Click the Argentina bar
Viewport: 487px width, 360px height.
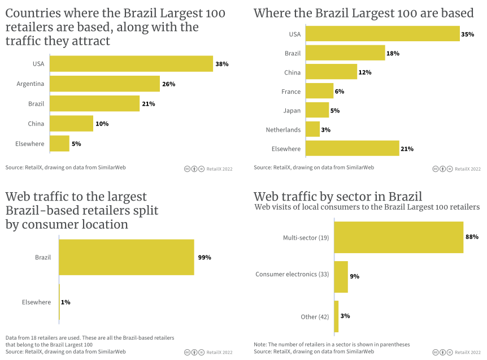[x=105, y=84]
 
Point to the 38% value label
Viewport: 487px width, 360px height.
[x=221, y=64]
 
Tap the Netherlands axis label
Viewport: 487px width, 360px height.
[x=283, y=130]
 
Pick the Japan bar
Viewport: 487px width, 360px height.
[x=318, y=110]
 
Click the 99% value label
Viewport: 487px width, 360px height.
[x=205, y=258]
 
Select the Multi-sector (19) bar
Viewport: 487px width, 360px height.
[x=399, y=237]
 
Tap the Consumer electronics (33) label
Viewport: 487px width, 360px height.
[x=292, y=275]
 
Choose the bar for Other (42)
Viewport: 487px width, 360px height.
[x=336, y=316]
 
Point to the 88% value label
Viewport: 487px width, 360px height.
[x=472, y=237]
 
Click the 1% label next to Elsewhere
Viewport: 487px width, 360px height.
[x=66, y=302]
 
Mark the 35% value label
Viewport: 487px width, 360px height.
[x=467, y=34]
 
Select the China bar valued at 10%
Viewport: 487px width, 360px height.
[x=72, y=124]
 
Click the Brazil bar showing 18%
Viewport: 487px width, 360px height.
[x=345, y=53]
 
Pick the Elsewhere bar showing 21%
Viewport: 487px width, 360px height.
[x=352, y=149]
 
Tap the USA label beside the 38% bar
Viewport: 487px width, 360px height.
[x=38, y=64]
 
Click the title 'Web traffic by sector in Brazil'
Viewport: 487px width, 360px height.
[x=338, y=197]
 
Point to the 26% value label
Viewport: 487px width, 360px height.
[x=168, y=84]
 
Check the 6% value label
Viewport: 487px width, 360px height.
[x=340, y=92]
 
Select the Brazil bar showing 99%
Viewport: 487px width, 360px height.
[x=127, y=258]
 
